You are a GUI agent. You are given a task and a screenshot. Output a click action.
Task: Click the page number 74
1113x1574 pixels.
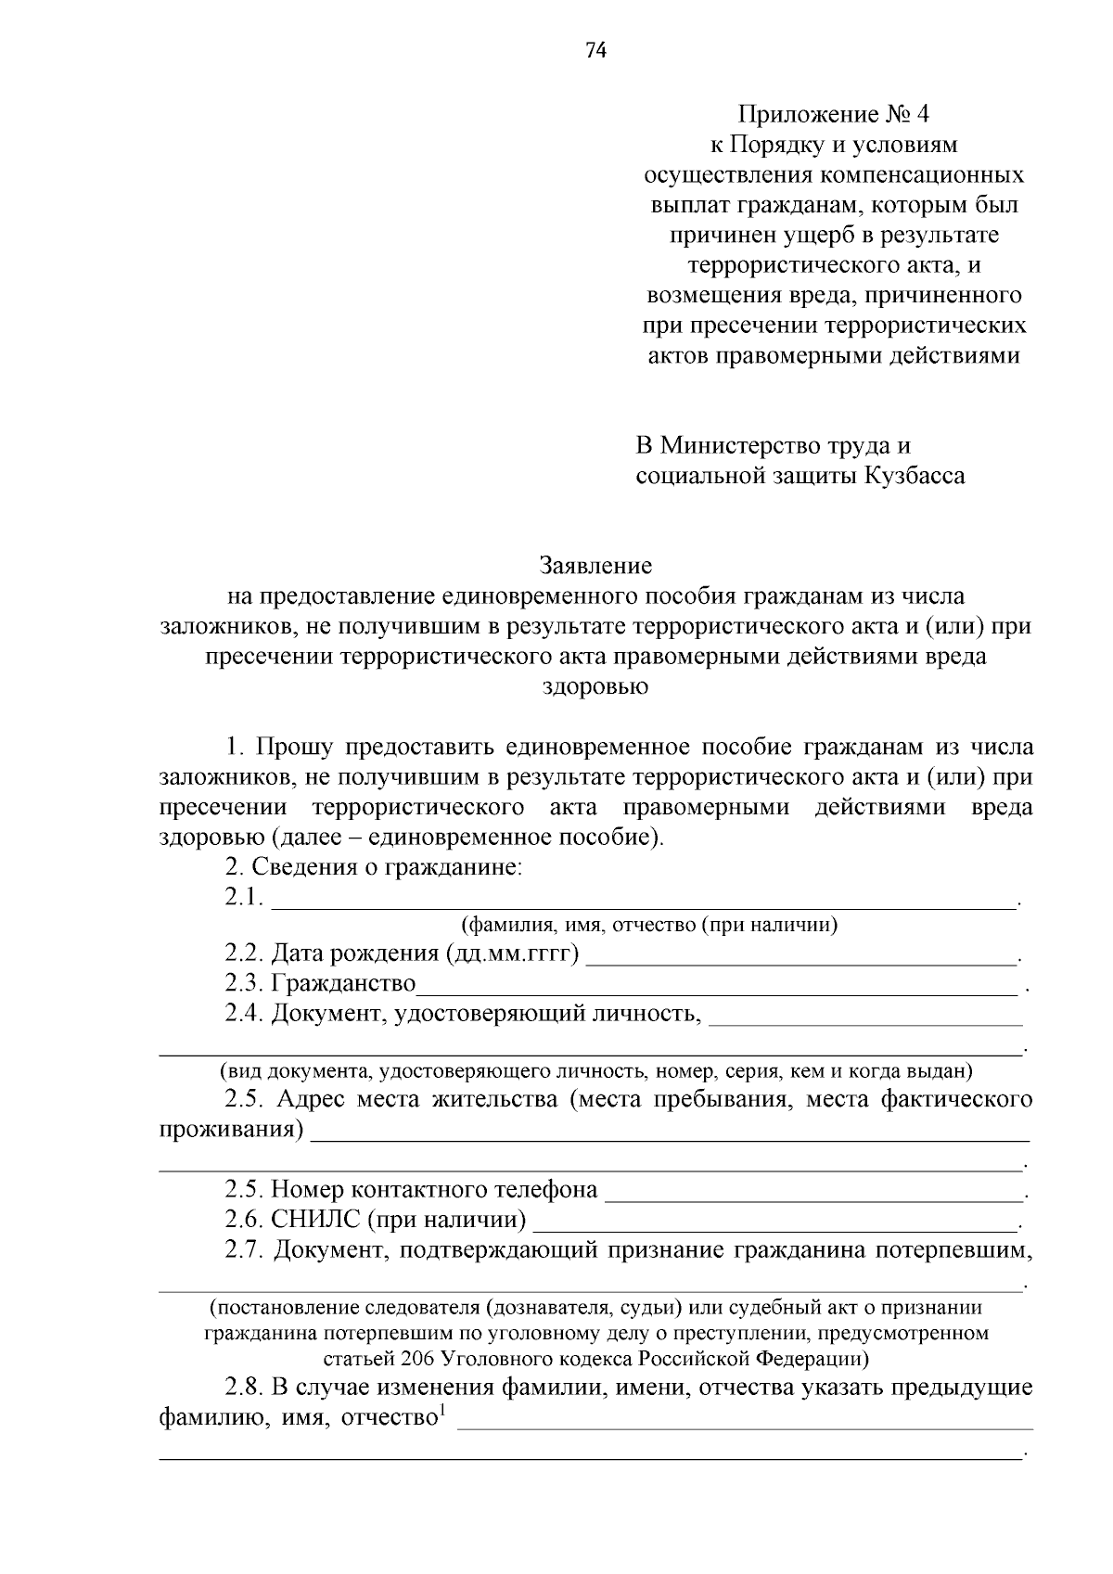[595, 51]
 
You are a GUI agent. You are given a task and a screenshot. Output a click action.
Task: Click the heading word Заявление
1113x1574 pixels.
[595, 566]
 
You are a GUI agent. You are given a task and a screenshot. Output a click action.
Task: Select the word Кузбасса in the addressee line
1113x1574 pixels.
[915, 476]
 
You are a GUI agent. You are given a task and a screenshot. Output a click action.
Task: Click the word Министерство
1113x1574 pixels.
[729, 446]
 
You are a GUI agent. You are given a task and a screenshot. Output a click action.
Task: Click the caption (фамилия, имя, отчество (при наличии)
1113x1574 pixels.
[649, 925]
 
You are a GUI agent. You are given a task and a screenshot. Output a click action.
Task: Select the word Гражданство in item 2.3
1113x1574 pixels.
[342, 983]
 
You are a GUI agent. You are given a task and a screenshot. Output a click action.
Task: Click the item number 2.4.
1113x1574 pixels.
[244, 1013]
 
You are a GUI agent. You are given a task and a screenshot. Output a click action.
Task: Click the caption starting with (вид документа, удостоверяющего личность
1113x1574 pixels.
[595, 1072]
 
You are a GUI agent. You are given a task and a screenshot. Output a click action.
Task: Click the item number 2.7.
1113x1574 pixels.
[244, 1250]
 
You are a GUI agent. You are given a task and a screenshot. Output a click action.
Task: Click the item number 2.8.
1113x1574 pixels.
[244, 1388]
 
